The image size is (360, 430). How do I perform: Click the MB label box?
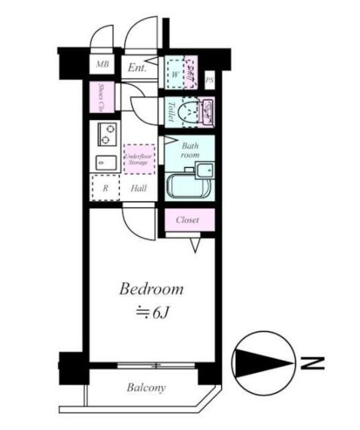pos(103,65)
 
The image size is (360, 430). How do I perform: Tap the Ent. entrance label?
pos(136,68)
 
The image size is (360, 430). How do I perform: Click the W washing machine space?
pos(175,74)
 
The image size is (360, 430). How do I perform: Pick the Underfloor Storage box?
pos(137,159)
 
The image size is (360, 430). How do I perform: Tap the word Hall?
pos(138,188)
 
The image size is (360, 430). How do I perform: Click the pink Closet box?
pos(189,220)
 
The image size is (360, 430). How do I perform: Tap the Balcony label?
pos(146,388)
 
